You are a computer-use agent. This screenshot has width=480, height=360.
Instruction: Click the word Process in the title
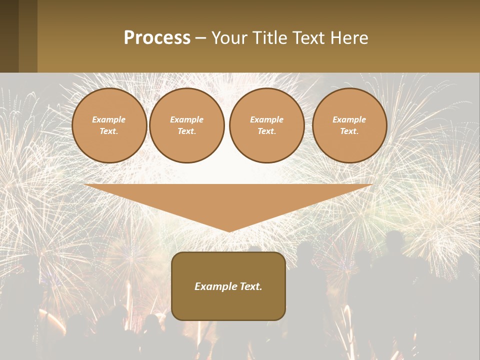157,38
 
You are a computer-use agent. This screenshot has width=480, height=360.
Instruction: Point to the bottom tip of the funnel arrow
229,230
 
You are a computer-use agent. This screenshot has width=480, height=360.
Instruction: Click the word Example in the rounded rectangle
214,286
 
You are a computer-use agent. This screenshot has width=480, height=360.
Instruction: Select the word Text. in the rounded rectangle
250,286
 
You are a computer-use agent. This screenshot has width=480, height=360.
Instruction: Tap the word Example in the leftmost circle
109,119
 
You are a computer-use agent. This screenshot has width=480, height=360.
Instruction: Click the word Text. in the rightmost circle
349,131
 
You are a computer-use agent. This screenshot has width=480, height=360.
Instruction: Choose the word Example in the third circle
267,119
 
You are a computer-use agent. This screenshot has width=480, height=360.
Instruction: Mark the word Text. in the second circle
187,131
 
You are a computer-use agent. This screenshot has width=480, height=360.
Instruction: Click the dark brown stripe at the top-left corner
9,36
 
